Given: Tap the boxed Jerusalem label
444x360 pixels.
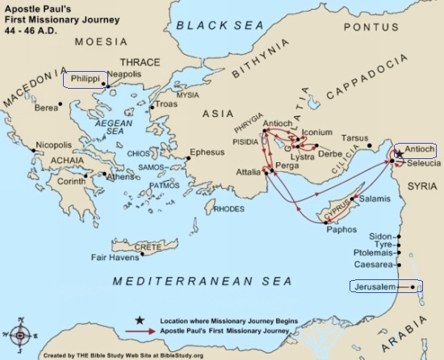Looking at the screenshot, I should [x=381, y=286].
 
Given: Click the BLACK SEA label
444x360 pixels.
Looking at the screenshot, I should [x=220, y=27].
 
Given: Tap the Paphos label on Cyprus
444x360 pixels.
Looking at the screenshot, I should [x=320, y=228].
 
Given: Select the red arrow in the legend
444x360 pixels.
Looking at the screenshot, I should [x=141, y=332].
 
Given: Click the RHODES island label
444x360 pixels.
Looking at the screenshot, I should [x=228, y=208].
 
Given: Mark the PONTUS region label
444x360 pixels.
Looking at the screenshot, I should [x=383, y=26].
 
